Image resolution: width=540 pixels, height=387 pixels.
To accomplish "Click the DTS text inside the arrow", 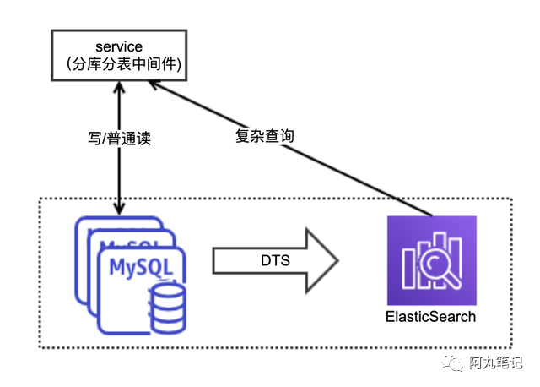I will pos(273,261).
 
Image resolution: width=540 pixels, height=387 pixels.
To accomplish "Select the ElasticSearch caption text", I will pos(430,317).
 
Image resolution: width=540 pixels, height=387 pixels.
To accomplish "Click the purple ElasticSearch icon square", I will pos(431,261).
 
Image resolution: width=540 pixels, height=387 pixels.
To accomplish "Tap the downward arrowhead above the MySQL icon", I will pos(118,207).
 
